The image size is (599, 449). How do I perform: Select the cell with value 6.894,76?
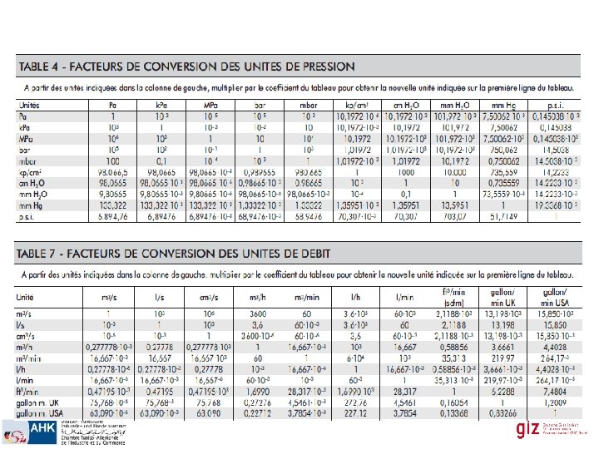112,216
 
